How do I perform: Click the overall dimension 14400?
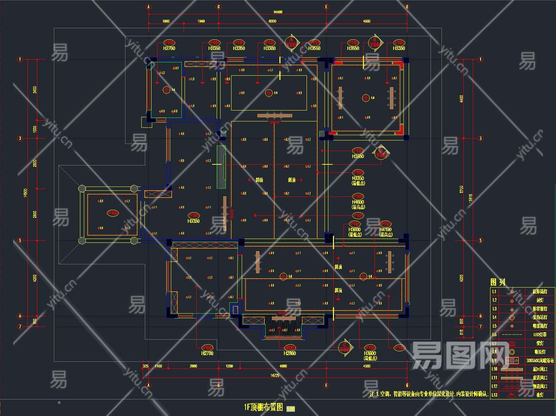[278, 12]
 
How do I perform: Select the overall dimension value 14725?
[275, 375]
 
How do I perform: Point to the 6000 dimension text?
[272, 21]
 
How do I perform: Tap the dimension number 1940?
[201, 21]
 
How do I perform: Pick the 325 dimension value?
[146, 366]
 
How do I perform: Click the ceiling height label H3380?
[270, 48]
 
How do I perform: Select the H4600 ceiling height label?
[358, 202]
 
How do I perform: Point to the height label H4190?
[386, 229]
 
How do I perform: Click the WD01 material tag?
[290, 348]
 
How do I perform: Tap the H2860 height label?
[290, 353]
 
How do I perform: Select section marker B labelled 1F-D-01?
[375, 43]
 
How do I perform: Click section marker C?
[345, 347]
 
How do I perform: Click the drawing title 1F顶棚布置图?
[264, 407]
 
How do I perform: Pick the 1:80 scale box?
[291, 409]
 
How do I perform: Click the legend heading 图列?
[498, 282]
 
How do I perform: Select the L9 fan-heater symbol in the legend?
[512, 361]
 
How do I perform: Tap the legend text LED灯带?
[539, 334]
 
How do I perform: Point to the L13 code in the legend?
[494, 395]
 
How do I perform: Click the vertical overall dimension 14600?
[25, 193]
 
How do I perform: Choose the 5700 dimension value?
[462, 189]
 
